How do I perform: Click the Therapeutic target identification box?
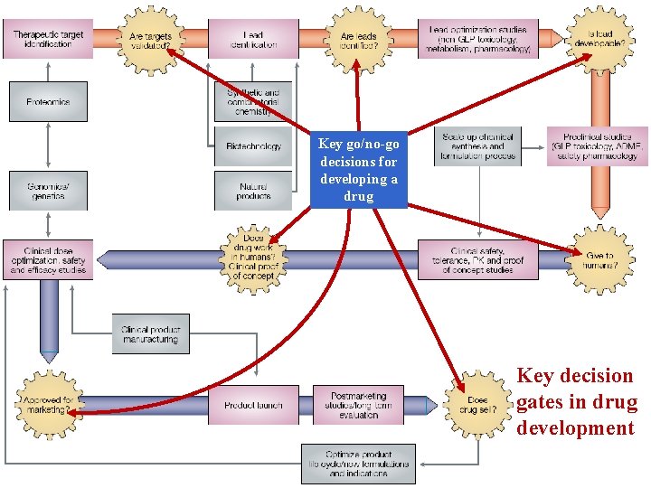(x=48, y=38)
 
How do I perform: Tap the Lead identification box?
(x=253, y=38)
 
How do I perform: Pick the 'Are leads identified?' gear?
(x=357, y=37)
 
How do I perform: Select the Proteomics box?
(x=48, y=101)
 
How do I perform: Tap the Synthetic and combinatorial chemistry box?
(x=253, y=101)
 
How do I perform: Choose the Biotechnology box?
(x=253, y=145)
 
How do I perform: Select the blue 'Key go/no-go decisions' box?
(x=358, y=169)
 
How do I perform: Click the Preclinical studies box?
(x=597, y=145)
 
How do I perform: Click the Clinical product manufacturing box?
(x=151, y=333)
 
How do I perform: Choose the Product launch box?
(x=253, y=405)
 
